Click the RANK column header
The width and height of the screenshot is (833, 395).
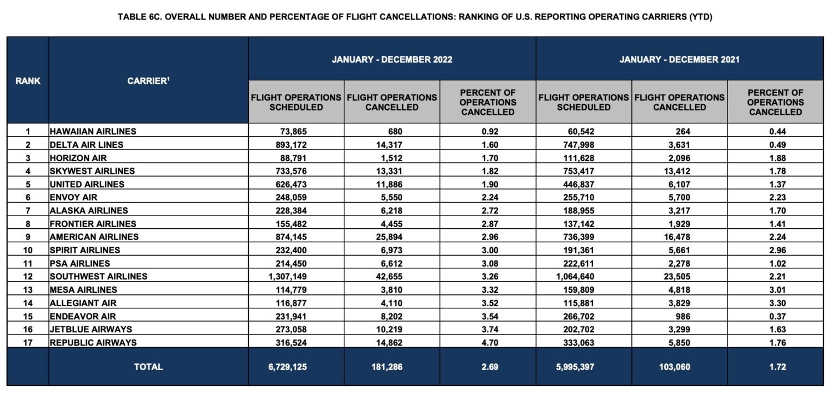(x=28, y=81)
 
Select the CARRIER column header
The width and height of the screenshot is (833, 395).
(x=148, y=81)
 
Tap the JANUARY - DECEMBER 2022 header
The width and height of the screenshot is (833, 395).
(x=392, y=59)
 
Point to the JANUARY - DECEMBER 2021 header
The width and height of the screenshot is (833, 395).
(x=679, y=59)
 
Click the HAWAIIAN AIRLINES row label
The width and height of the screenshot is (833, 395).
(x=93, y=132)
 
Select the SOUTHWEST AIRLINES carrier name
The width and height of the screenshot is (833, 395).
(x=98, y=276)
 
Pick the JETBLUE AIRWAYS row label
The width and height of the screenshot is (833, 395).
(x=91, y=329)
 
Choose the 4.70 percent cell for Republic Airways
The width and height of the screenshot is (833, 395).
(x=488, y=342)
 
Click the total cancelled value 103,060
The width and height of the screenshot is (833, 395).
(x=679, y=367)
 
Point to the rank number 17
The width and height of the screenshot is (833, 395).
(x=28, y=342)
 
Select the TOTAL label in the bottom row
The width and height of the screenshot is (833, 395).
(x=148, y=367)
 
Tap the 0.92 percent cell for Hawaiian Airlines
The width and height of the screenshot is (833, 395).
(x=488, y=132)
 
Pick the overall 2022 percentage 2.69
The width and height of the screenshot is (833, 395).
(x=488, y=367)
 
